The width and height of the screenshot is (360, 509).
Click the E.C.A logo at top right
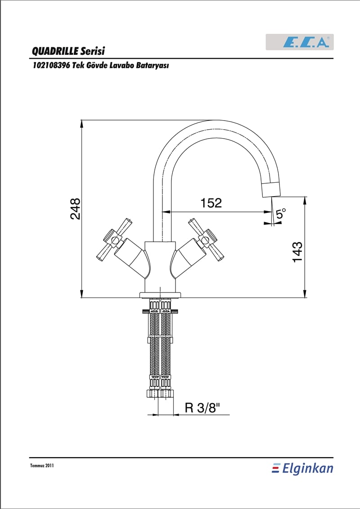(x=300, y=42)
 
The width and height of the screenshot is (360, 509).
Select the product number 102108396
(x=51, y=66)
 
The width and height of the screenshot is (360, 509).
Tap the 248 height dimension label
(x=75, y=209)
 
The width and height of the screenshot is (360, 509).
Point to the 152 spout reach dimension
(x=211, y=203)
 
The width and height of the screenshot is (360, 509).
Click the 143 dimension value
(x=297, y=252)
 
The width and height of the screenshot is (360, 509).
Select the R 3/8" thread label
(x=202, y=407)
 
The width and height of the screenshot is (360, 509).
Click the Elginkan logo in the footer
(x=302, y=469)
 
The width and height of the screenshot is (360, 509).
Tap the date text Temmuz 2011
(x=41, y=465)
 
